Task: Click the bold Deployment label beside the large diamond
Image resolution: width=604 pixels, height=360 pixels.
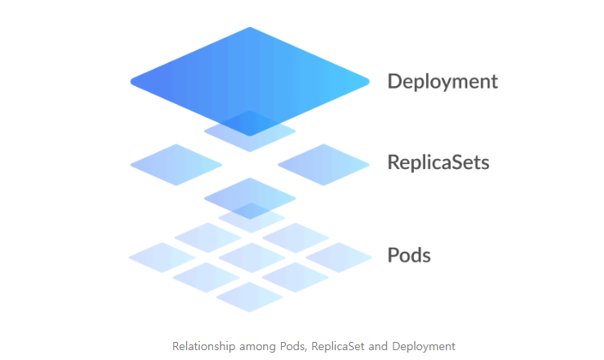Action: tap(443, 82)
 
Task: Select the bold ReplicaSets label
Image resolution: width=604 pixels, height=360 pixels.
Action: tap(438, 162)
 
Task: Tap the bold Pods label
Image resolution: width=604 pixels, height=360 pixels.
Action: tap(409, 255)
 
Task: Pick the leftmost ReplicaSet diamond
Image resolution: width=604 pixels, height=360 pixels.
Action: tap(176, 164)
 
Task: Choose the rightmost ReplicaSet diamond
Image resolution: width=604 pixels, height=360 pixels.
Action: tap(324, 164)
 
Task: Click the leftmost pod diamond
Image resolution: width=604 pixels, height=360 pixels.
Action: tap(161, 257)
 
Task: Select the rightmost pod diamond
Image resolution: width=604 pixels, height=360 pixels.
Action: tap(339, 257)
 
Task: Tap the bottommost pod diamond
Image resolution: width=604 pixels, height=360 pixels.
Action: tap(250, 297)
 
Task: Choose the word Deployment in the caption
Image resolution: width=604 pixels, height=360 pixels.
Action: tap(424, 346)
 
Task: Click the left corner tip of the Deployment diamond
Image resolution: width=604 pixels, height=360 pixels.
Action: tap(133, 81)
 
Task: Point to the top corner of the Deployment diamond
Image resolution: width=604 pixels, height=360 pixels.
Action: tap(249, 30)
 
